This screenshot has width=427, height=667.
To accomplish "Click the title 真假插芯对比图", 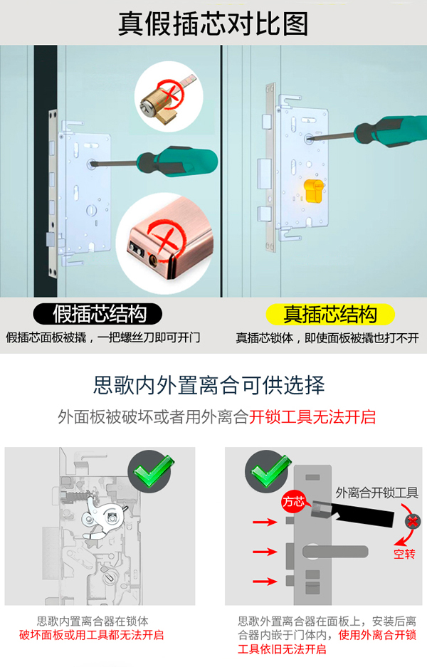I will (213, 23).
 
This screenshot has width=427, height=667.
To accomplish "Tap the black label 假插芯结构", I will (99, 314).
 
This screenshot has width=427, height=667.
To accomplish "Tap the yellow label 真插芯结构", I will (330, 314).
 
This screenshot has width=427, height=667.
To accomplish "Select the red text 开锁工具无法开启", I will (312, 416).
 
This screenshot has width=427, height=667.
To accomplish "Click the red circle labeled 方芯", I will (293, 501).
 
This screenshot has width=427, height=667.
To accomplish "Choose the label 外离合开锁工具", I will (376, 493).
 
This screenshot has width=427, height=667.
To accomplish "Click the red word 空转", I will (404, 553).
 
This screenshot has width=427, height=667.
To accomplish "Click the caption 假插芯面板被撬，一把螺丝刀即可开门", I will (103, 337).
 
